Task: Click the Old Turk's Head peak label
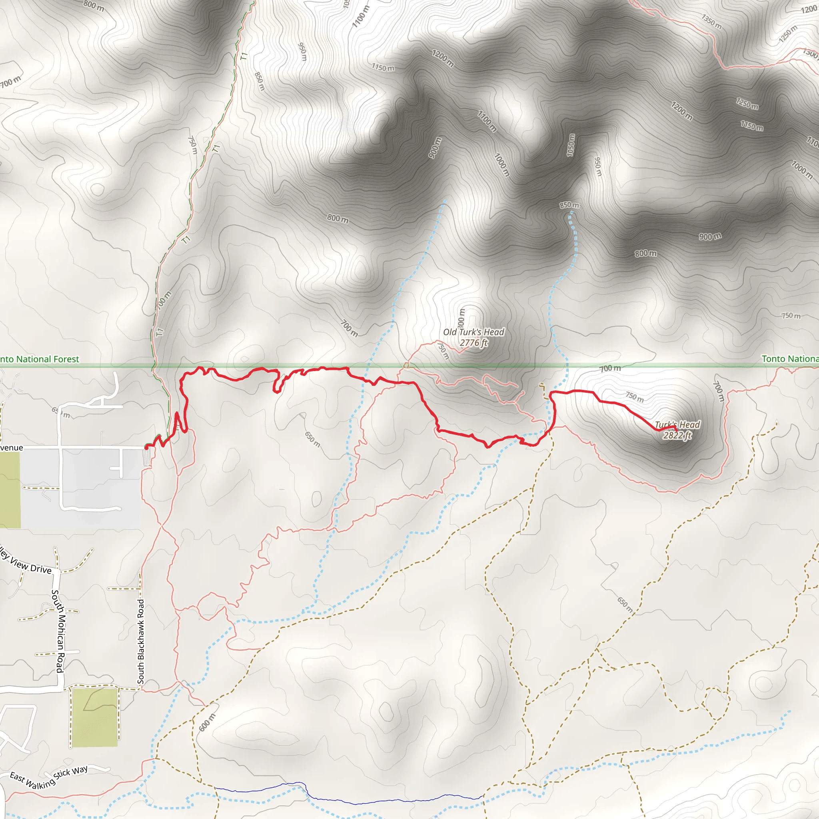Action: click(473, 332)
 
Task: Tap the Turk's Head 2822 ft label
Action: click(677, 430)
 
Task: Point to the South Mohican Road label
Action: click(58, 631)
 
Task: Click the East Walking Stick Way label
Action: click(49, 778)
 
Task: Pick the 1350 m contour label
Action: click(711, 22)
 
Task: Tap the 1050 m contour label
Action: click(571, 145)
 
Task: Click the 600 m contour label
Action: click(207, 722)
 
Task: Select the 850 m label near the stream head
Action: click(569, 205)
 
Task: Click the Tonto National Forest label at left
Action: click(40, 359)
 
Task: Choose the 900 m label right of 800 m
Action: click(710, 236)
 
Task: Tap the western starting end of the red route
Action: click(146, 447)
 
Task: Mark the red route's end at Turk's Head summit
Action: click(677, 431)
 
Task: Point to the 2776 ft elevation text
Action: click(473, 343)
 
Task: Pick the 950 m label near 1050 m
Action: click(597, 167)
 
